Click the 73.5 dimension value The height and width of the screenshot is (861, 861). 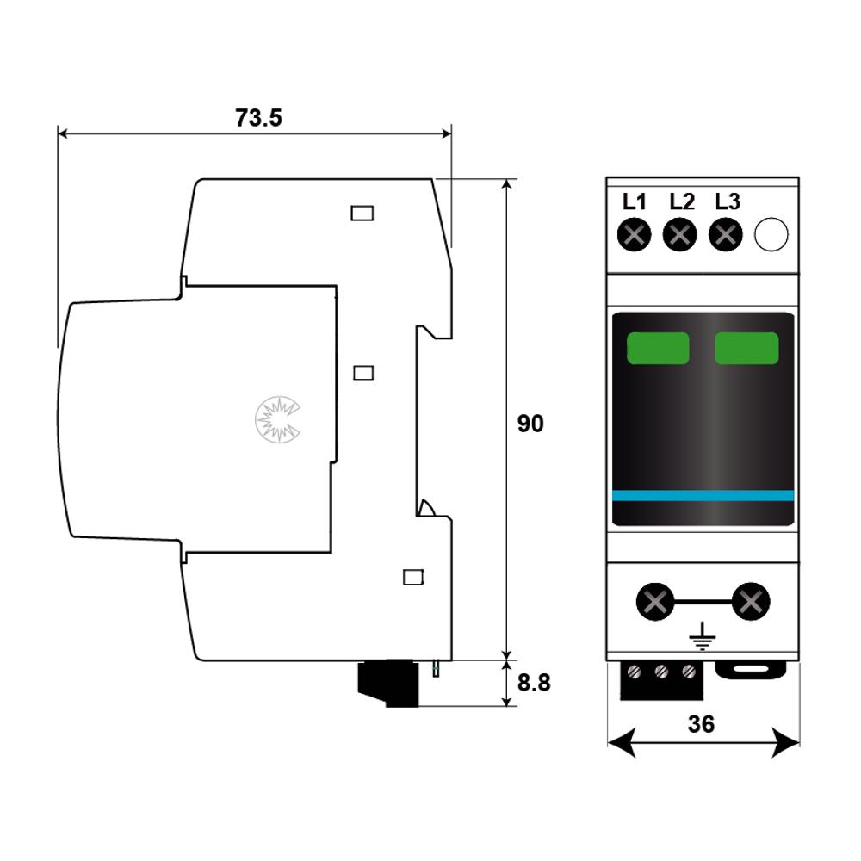click(258, 118)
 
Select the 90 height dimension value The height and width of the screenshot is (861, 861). click(530, 424)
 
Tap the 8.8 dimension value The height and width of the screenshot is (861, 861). click(534, 683)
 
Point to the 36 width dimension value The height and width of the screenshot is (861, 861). click(701, 724)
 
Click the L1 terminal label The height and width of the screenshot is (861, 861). click(635, 201)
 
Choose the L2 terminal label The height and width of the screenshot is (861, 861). click(682, 201)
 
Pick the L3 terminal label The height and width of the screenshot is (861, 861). click(728, 201)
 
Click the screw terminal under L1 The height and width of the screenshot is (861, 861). click(635, 235)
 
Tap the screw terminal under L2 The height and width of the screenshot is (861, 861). click(680, 235)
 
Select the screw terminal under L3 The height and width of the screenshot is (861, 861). click(726, 235)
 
